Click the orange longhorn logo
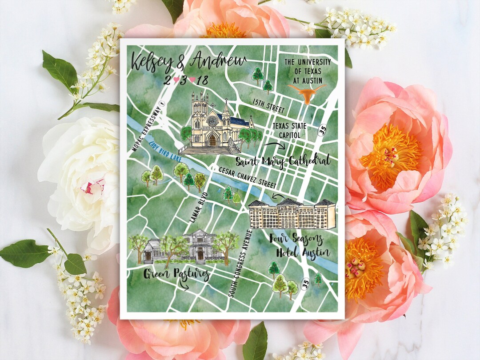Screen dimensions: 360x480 (307, 92)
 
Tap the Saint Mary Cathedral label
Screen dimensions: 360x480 (283, 160)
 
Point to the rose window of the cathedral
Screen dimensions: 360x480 (212, 120)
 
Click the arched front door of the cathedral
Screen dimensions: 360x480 (212, 140)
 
